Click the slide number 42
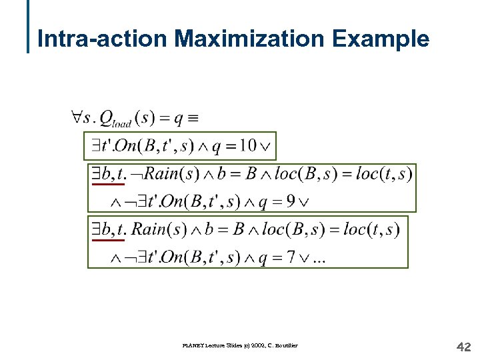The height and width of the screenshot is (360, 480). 463,346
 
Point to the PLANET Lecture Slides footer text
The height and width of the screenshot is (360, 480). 239,345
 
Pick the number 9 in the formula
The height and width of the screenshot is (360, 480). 291,201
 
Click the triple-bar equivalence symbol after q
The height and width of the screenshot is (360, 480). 193,119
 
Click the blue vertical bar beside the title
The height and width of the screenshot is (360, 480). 29,27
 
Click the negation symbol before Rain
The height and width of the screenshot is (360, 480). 136,175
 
